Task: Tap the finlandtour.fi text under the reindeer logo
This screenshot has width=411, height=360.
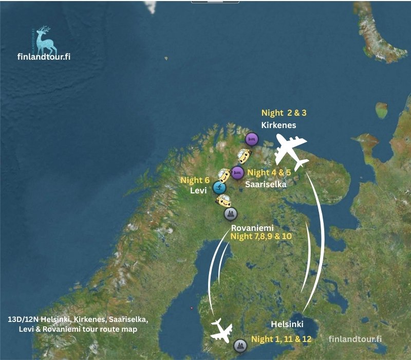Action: [x=44, y=56]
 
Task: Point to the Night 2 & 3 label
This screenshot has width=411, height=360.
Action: [x=287, y=113]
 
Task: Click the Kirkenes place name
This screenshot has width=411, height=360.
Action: [x=278, y=125]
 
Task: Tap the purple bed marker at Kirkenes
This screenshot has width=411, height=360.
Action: [x=251, y=139]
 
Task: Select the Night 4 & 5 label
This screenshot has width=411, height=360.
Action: [x=269, y=173]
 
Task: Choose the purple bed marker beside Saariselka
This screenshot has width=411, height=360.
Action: [x=237, y=172]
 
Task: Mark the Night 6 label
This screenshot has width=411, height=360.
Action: [x=195, y=181]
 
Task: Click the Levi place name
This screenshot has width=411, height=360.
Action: [x=198, y=191]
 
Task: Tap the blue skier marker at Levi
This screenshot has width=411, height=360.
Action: [x=219, y=188]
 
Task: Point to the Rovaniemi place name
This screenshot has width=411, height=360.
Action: [x=251, y=227]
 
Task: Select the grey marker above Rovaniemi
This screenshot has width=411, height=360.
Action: [x=230, y=213]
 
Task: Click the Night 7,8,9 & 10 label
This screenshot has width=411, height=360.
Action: [x=261, y=237]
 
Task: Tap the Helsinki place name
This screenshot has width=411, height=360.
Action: [x=287, y=325]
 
